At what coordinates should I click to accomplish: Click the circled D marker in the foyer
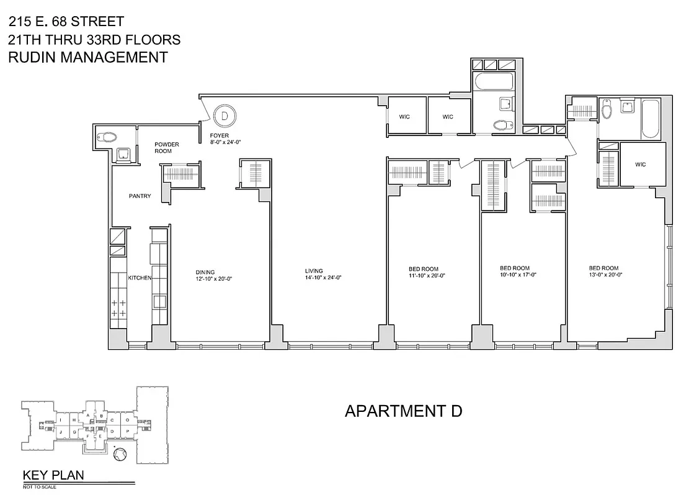pos(225,115)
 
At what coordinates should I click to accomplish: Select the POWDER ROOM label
pos(166,148)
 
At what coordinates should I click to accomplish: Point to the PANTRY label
pos(140,196)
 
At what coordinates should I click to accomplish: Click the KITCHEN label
pos(140,278)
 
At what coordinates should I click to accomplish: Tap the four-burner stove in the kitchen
pos(118,308)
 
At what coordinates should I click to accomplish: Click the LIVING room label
pos(314,271)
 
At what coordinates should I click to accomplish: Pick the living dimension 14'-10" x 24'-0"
pos(323,278)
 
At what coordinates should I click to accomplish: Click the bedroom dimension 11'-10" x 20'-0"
pos(427,275)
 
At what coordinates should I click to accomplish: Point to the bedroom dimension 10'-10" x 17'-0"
pos(518,275)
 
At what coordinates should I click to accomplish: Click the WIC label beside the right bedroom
pos(641,165)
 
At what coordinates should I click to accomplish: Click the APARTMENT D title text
pos(403,411)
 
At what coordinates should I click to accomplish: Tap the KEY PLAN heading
pos(53,476)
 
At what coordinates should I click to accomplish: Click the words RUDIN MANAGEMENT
pos(87,57)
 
